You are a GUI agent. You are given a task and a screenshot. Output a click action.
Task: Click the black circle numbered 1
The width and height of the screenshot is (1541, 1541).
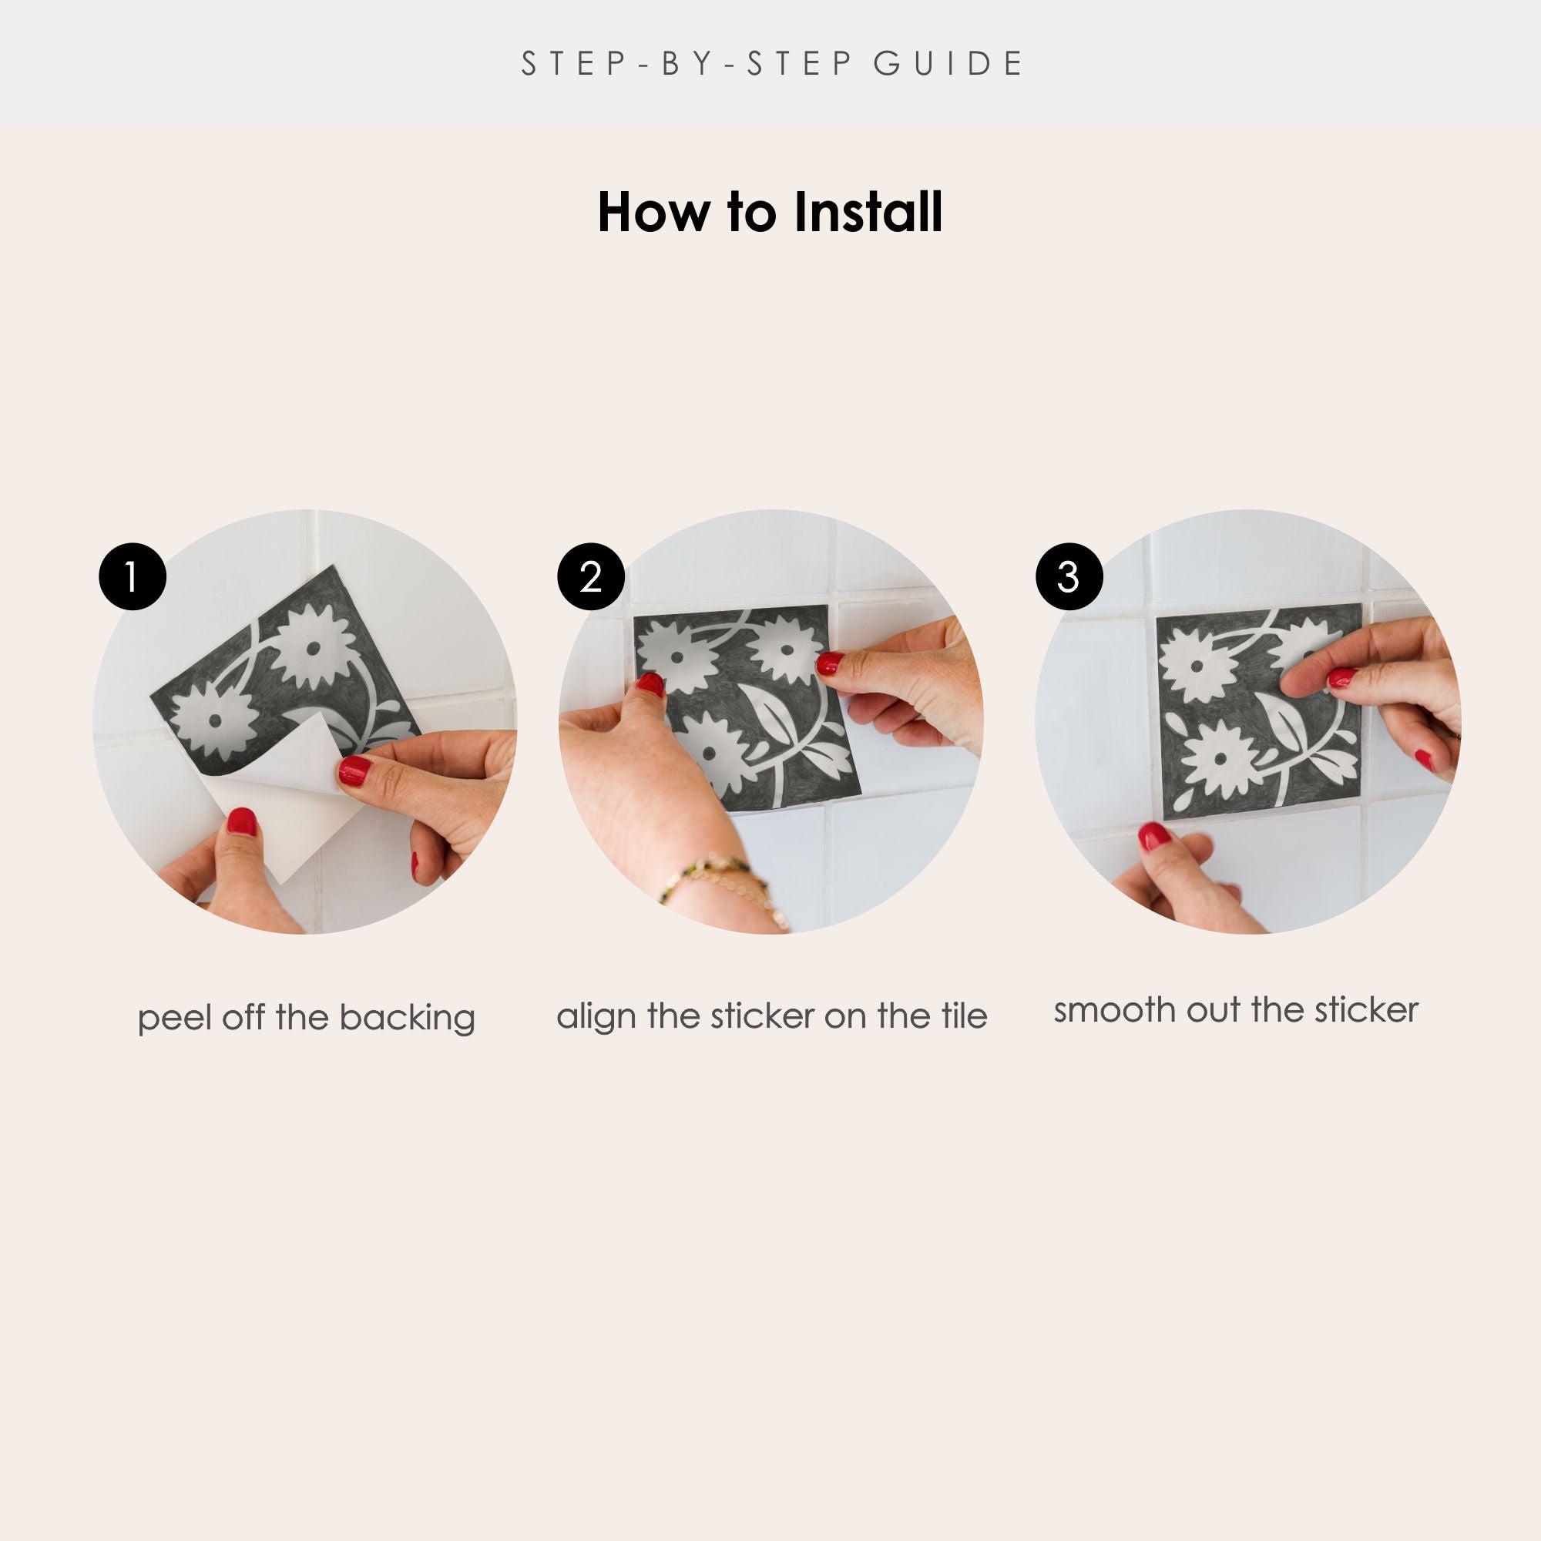133,576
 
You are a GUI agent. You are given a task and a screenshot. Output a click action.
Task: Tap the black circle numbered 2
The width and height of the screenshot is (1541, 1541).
591,576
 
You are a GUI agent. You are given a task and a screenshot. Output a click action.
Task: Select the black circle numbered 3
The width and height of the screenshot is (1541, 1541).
1069,576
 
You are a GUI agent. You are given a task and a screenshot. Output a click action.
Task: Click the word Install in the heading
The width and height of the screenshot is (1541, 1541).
868,212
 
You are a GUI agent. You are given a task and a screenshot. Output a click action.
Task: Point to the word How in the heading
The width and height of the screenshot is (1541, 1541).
653,212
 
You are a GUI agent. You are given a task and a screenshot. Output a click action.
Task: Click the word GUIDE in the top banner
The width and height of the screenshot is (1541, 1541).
948,64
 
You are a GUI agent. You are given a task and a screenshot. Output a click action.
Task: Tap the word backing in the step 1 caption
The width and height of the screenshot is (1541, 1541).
407,1019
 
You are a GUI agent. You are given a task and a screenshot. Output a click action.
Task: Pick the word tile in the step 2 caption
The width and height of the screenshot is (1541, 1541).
964,1016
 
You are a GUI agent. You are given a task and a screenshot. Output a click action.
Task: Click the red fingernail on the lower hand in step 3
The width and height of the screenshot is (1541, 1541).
1153,837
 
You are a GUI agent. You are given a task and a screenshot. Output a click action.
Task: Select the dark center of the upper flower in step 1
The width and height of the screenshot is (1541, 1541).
314,648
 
